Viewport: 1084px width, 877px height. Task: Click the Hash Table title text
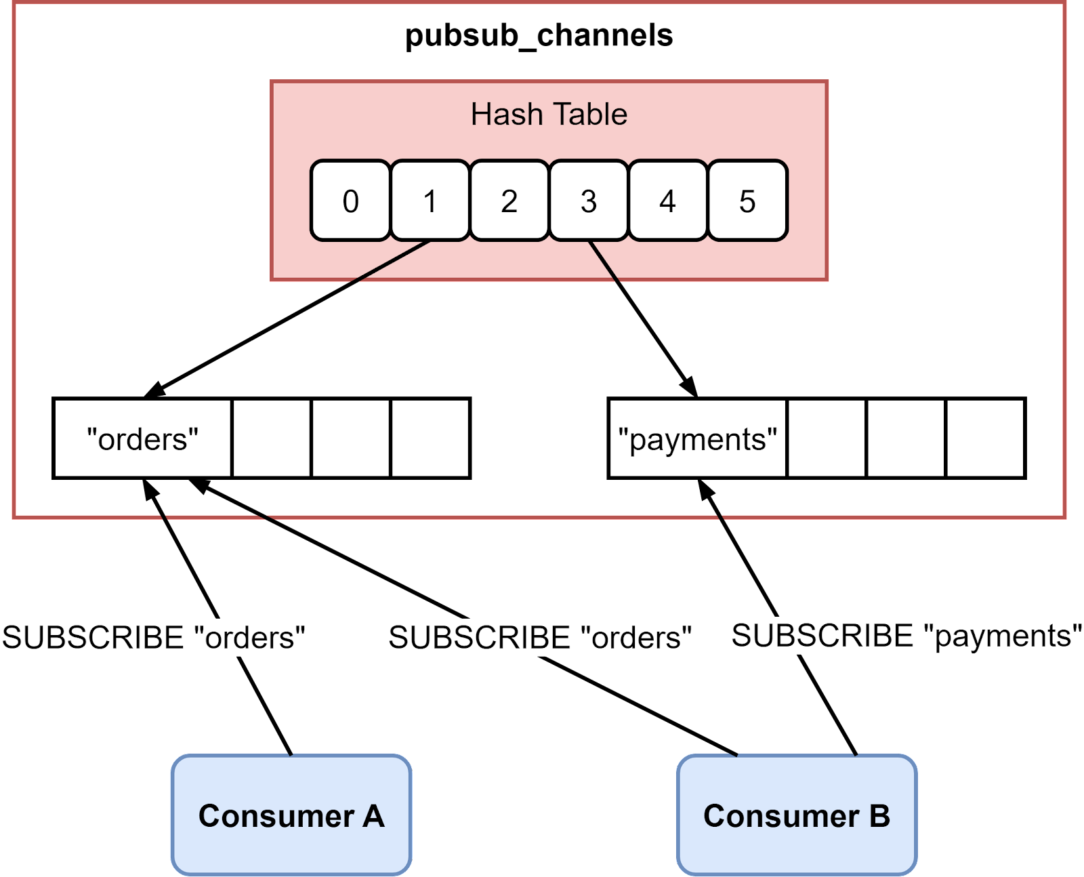click(x=549, y=115)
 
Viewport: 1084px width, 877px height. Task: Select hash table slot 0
click(x=350, y=201)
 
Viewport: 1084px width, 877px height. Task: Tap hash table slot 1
click(x=430, y=201)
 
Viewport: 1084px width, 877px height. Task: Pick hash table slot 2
click(x=509, y=201)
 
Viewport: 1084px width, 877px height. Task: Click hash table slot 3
click(x=588, y=201)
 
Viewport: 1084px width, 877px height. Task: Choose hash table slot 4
click(x=667, y=201)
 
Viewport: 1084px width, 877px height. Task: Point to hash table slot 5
click(x=747, y=201)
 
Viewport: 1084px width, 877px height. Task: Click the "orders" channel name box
click(x=142, y=438)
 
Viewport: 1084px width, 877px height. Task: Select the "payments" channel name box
click(x=698, y=438)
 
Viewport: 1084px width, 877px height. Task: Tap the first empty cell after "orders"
click(x=272, y=438)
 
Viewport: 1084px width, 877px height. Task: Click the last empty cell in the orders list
click(x=430, y=438)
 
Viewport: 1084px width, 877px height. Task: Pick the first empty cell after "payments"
click(x=827, y=438)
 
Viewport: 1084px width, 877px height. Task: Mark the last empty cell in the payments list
click(x=985, y=438)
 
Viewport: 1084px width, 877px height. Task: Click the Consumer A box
click(x=291, y=815)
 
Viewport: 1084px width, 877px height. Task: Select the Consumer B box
click(x=797, y=815)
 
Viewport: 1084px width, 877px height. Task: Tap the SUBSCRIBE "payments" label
click(x=906, y=636)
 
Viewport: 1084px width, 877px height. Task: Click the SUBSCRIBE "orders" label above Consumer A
click(x=153, y=637)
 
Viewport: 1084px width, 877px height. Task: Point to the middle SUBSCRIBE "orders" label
click(x=540, y=637)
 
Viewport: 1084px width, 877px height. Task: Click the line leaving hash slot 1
click(x=391, y=261)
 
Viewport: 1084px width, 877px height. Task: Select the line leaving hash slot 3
click(x=604, y=261)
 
